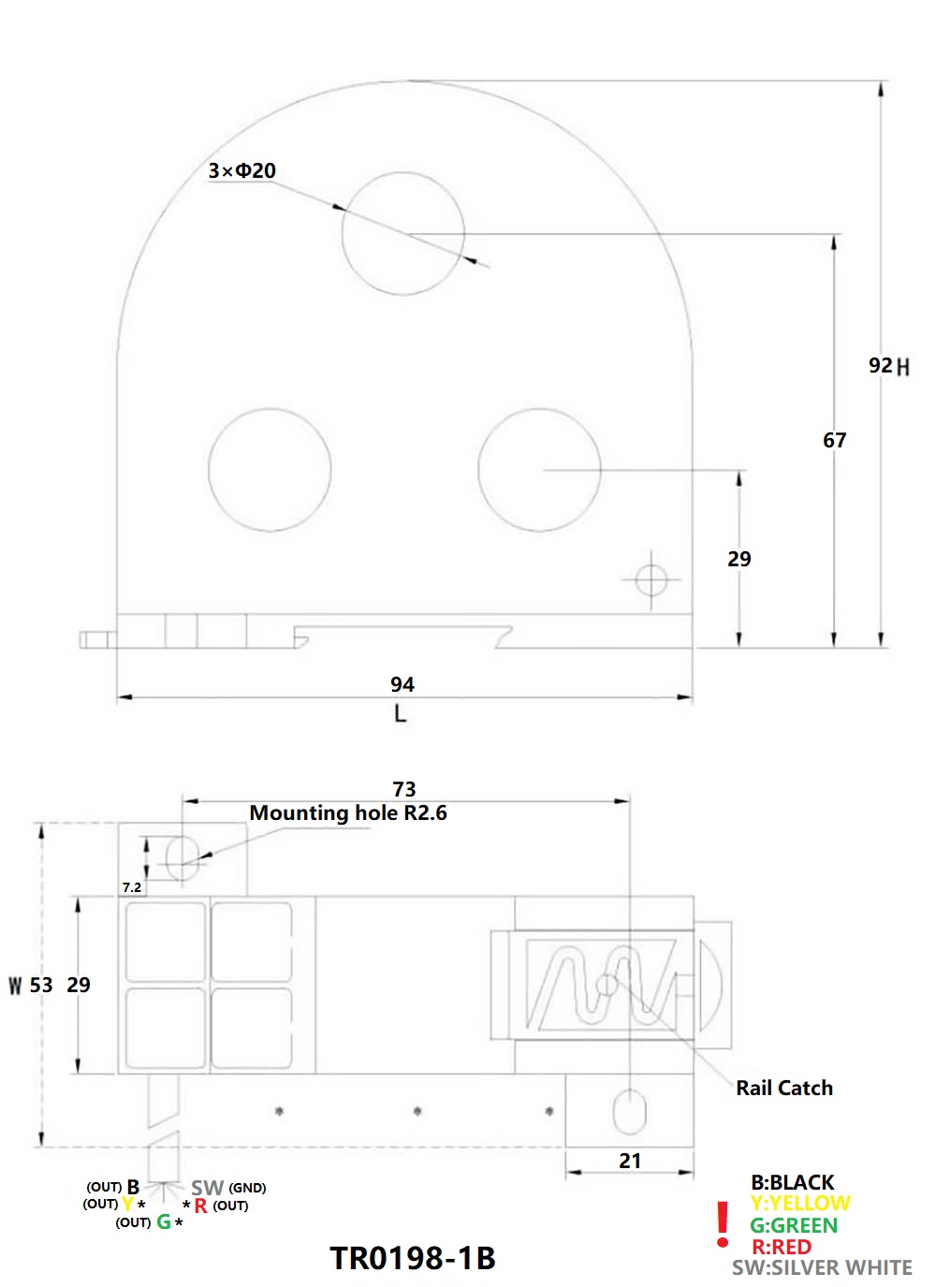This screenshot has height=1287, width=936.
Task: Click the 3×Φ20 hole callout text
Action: click(241, 170)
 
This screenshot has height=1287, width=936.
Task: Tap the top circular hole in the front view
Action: click(402, 233)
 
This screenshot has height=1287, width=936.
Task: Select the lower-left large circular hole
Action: click(270, 469)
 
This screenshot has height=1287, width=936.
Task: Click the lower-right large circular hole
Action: click(539, 469)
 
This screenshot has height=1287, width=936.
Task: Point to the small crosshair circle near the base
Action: click(651, 580)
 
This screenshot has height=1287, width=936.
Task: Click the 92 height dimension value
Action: click(880, 365)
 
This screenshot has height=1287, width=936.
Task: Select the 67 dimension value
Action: click(834, 440)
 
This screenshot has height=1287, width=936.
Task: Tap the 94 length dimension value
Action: click(402, 684)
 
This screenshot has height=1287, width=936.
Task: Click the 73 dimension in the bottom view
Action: click(404, 789)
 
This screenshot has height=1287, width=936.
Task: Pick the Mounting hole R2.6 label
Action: click(348, 813)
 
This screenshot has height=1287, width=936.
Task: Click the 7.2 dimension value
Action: click(132, 887)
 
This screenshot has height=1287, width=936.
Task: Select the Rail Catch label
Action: click(783, 1088)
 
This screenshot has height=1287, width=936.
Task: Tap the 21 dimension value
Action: click(630, 1161)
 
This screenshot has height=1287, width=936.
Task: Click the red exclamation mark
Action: click(722, 1225)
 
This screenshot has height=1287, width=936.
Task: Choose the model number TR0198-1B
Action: click(412, 1258)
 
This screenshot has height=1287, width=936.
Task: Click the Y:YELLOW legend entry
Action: click(799, 1204)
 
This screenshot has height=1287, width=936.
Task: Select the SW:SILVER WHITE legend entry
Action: click(821, 1267)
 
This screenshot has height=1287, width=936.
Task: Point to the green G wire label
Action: click(164, 1221)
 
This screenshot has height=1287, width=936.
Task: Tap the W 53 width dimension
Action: click(31, 985)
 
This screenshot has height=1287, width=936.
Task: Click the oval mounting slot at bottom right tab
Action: click(629, 1111)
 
